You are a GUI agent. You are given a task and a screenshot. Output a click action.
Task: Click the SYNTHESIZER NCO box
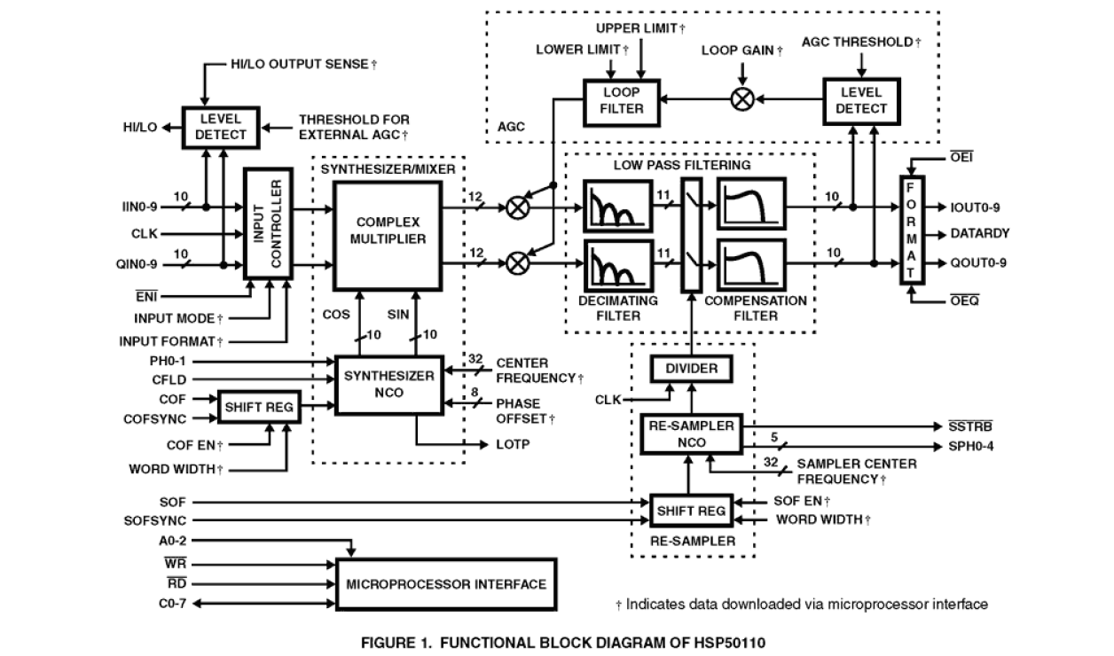pos(390,383)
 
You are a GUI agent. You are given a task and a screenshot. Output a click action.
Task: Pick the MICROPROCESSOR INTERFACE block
pos(446,583)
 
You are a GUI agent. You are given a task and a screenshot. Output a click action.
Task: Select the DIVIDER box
pos(691,369)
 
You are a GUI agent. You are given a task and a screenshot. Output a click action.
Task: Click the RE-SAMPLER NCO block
pos(691,433)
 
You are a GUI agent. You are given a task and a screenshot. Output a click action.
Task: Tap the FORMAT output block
pos(910,230)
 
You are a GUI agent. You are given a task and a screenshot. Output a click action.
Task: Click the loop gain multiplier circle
pos(741,98)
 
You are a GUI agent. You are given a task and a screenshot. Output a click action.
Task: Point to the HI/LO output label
pos(140,127)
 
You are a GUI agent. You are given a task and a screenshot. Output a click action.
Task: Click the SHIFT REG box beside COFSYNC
pos(255,408)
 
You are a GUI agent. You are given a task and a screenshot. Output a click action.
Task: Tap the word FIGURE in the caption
pos(388,642)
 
